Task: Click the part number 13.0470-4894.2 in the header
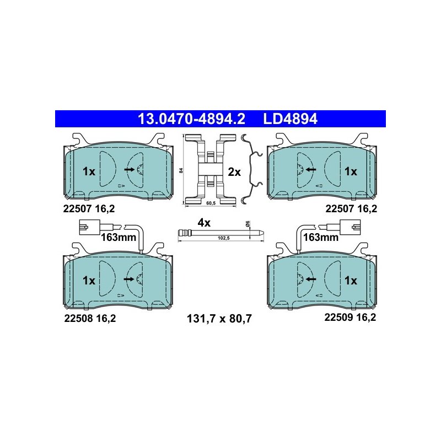click(191, 119)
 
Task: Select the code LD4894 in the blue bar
click(290, 119)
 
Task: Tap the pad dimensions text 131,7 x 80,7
click(219, 319)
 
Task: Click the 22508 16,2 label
click(90, 319)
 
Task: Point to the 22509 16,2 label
click(350, 318)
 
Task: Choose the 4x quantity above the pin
click(204, 223)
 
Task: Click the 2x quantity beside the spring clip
click(234, 172)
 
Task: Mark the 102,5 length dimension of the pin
click(224, 238)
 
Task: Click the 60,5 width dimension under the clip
click(211, 203)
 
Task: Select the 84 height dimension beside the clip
click(181, 170)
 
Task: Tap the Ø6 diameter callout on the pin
click(248, 224)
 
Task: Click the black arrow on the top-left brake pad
click(130, 169)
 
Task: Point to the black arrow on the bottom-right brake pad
click(311, 279)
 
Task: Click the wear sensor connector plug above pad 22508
click(89, 227)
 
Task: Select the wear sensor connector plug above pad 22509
click(350, 227)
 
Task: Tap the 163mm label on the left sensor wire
click(119, 238)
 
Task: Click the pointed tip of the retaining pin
click(263, 233)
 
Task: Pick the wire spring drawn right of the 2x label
click(252, 169)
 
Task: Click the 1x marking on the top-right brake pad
click(351, 171)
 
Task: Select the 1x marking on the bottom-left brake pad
click(89, 281)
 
